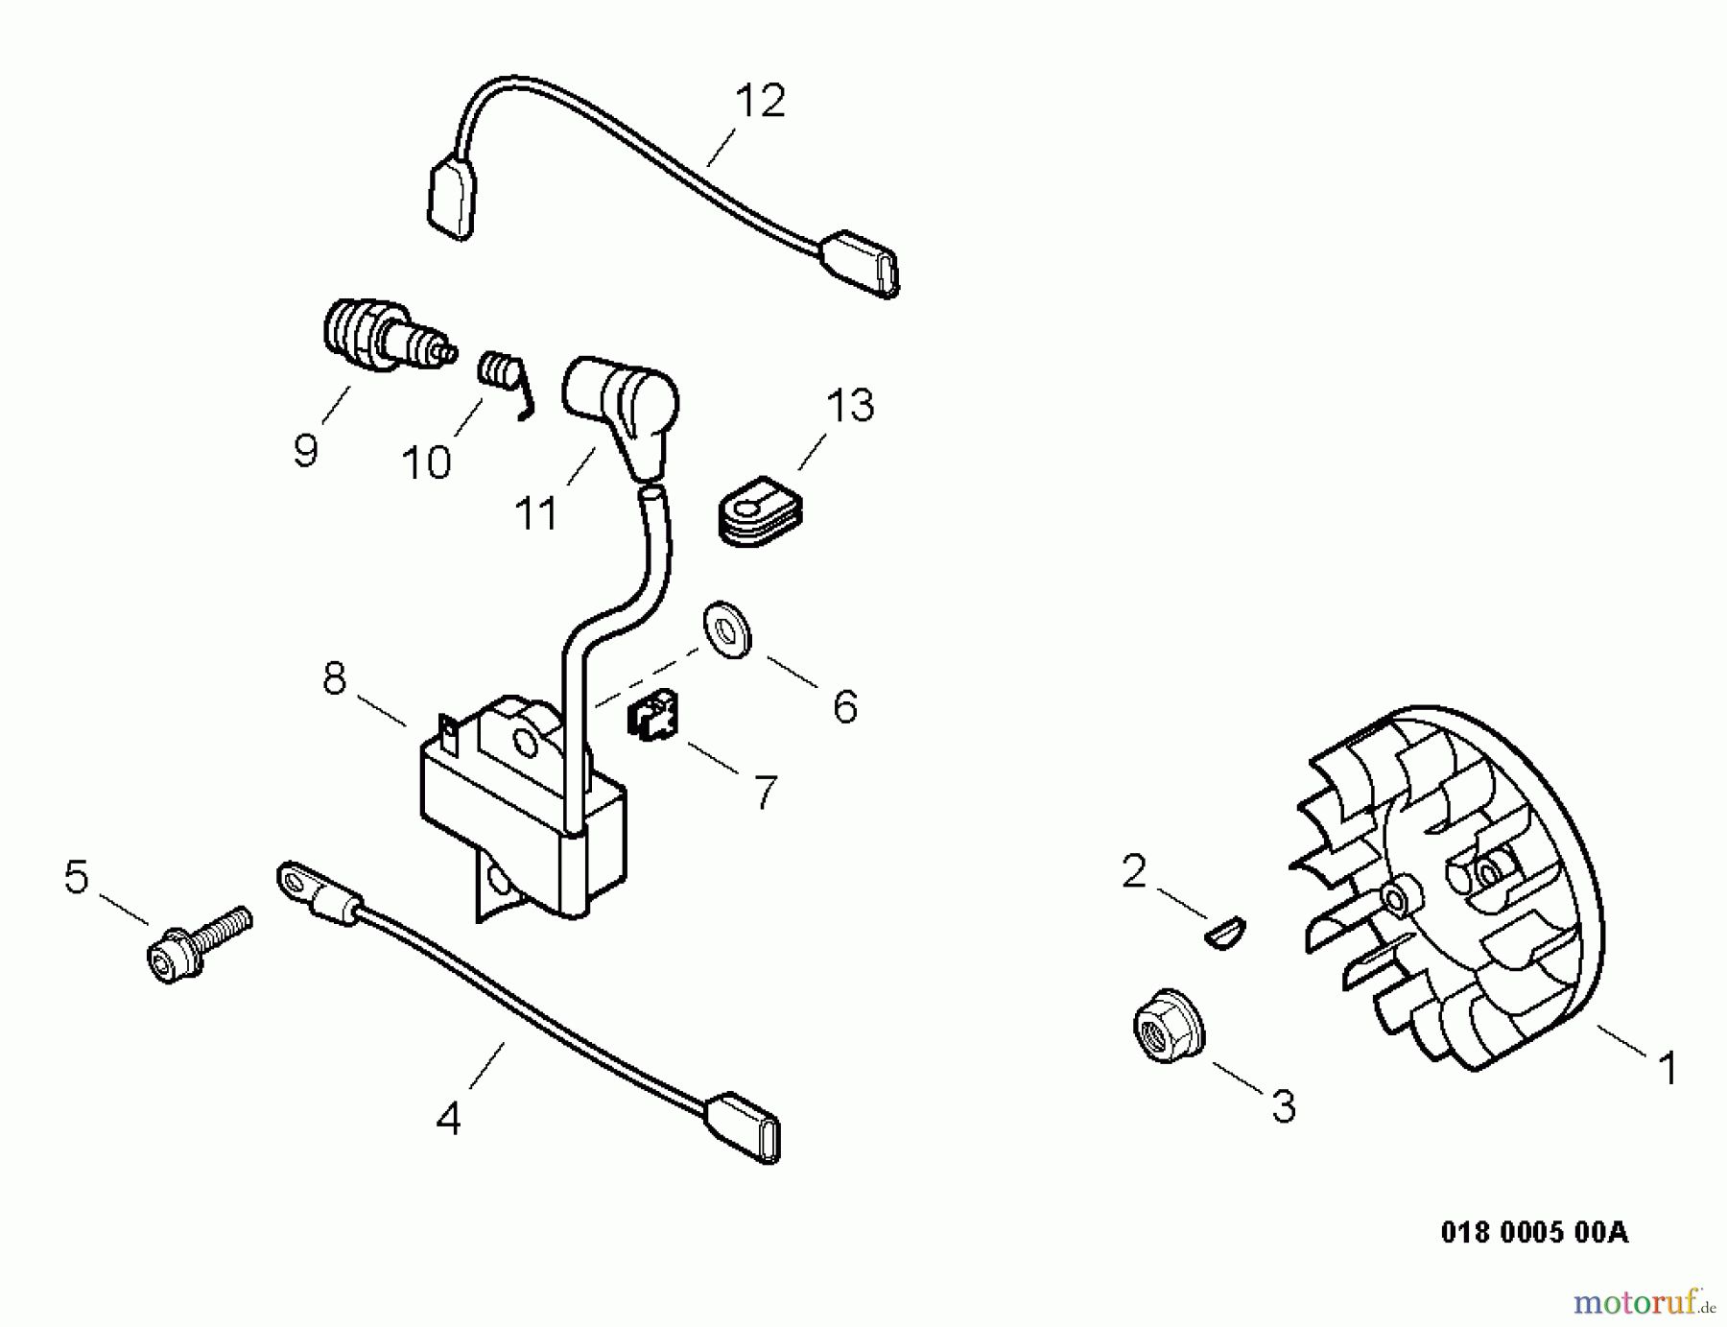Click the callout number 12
760,101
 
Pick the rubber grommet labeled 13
761,512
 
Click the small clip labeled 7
652,716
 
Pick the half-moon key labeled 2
1225,932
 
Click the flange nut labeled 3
1167,1026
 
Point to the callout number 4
448,1119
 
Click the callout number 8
334,679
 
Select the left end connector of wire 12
451,199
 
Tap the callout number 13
850,406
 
